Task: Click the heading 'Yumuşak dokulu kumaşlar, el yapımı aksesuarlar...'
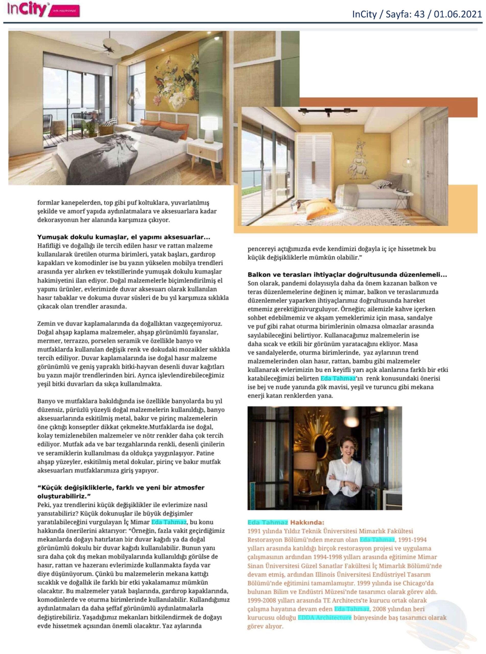[124, 237]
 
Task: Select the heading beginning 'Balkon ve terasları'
[347, 275]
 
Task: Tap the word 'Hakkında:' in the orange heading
[307, 522]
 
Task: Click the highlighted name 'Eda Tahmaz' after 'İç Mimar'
[169, 522]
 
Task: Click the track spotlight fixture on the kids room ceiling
[327, 111]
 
